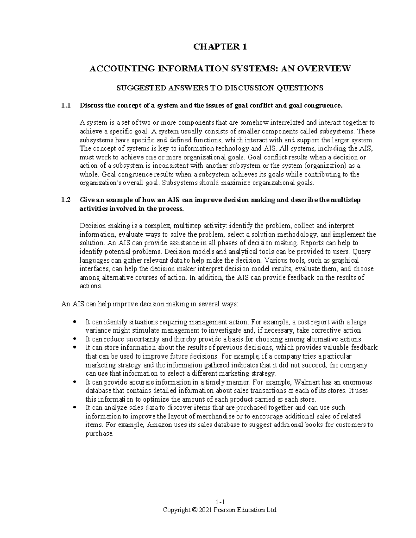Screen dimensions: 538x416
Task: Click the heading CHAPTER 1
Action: [x=220, y=47]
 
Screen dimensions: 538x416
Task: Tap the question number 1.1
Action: [x=66, y=105]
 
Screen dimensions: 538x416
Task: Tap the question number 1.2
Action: [x=66, y=200]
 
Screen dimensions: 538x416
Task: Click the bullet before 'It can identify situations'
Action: [x=75, y=322]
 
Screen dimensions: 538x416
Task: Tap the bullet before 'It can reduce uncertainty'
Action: [x=75, y=339]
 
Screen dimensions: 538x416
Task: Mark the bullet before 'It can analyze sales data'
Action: [x=75, y=408]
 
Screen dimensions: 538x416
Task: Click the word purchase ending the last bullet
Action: [x=99, y=433]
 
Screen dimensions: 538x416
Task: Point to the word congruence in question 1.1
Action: [x=326, y=105]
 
